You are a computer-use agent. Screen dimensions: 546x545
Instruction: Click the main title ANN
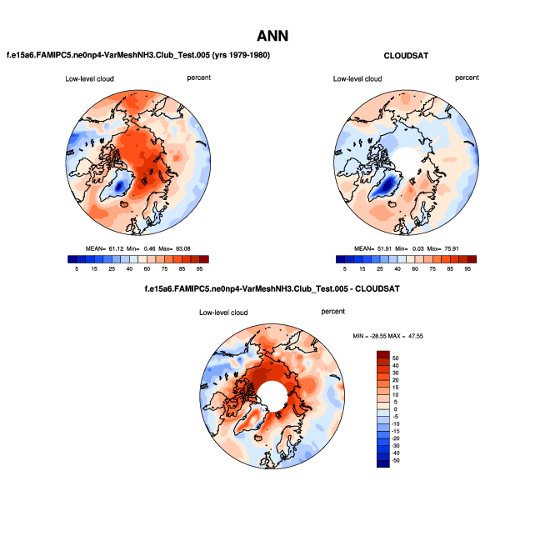272,37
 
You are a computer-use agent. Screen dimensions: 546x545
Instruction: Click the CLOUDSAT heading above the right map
407,56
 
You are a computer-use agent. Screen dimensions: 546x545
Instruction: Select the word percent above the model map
199,78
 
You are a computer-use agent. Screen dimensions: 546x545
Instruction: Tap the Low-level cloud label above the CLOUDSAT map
357,79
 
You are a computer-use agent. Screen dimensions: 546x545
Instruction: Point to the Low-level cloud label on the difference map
223,313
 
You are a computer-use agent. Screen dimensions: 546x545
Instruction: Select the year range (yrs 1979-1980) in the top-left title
239,55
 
